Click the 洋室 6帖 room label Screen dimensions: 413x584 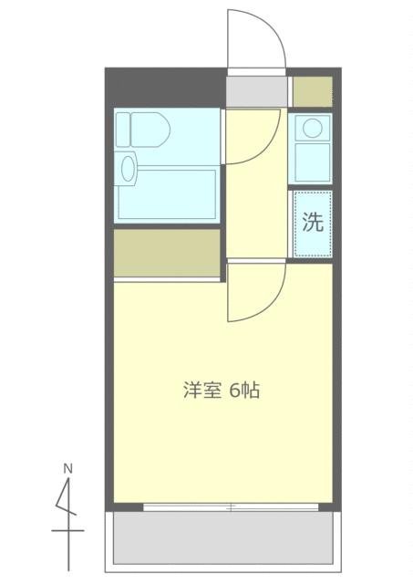click(x=222, y=390)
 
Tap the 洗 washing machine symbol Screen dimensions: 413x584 click(x=313, y=224)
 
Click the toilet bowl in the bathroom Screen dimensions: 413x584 click(x=150, y=130)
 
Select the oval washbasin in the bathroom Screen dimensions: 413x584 click(x=128, y=169)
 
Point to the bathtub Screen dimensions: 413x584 click(x=167, y=194)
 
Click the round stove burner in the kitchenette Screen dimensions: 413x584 click(x=312, y=128)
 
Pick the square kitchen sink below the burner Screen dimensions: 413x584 click(x=313, y=162)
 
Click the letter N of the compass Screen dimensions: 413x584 click(x=67, y=468)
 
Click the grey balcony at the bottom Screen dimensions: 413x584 click(x=222, y=537)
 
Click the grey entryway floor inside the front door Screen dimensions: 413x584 click(x=257, y=91)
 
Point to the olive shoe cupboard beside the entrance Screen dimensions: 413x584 click(x=313, y=91)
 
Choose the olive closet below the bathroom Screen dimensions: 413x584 click(x=167, y=253)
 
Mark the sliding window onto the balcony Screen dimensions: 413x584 click(x=231, y=507)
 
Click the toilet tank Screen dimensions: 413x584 click(x=123, y=130)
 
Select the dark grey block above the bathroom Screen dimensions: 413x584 click(x=167, y=88)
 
